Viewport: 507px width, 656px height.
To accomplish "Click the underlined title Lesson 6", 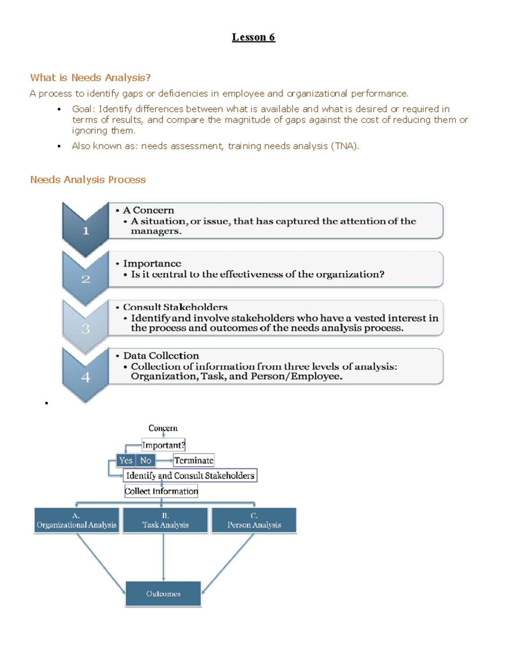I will pos(253,37).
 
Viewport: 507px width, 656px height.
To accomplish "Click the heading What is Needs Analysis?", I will pos(90,78).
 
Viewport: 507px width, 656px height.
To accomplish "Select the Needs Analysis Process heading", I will pos(88,180).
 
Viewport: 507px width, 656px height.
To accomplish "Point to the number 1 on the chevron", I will pos(86,231).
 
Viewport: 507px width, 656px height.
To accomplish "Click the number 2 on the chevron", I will pos(86,279).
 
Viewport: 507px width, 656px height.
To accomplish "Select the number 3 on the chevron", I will pos(86,329).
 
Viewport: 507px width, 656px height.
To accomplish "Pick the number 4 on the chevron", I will pos(86,377).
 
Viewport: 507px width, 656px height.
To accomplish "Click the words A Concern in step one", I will pos(148,210).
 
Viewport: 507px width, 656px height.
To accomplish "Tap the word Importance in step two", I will pos(152,264).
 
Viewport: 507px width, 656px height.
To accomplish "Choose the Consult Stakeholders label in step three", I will pos(175,307).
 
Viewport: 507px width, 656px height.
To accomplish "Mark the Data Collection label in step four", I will pos(161,356).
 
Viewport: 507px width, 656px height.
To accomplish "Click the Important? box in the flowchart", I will pos(163,445).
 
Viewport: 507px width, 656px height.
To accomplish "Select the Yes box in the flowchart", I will pos(125,460).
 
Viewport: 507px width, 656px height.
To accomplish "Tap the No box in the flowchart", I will pos(146,460).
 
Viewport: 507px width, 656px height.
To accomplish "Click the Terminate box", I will pos(194,460).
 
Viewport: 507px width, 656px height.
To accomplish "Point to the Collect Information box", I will pos(161,491).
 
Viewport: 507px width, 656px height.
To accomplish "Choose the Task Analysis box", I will pos(165,520).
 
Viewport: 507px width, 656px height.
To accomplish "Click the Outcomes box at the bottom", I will pos(163,594).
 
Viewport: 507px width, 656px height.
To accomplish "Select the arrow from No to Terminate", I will pos(164,460).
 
